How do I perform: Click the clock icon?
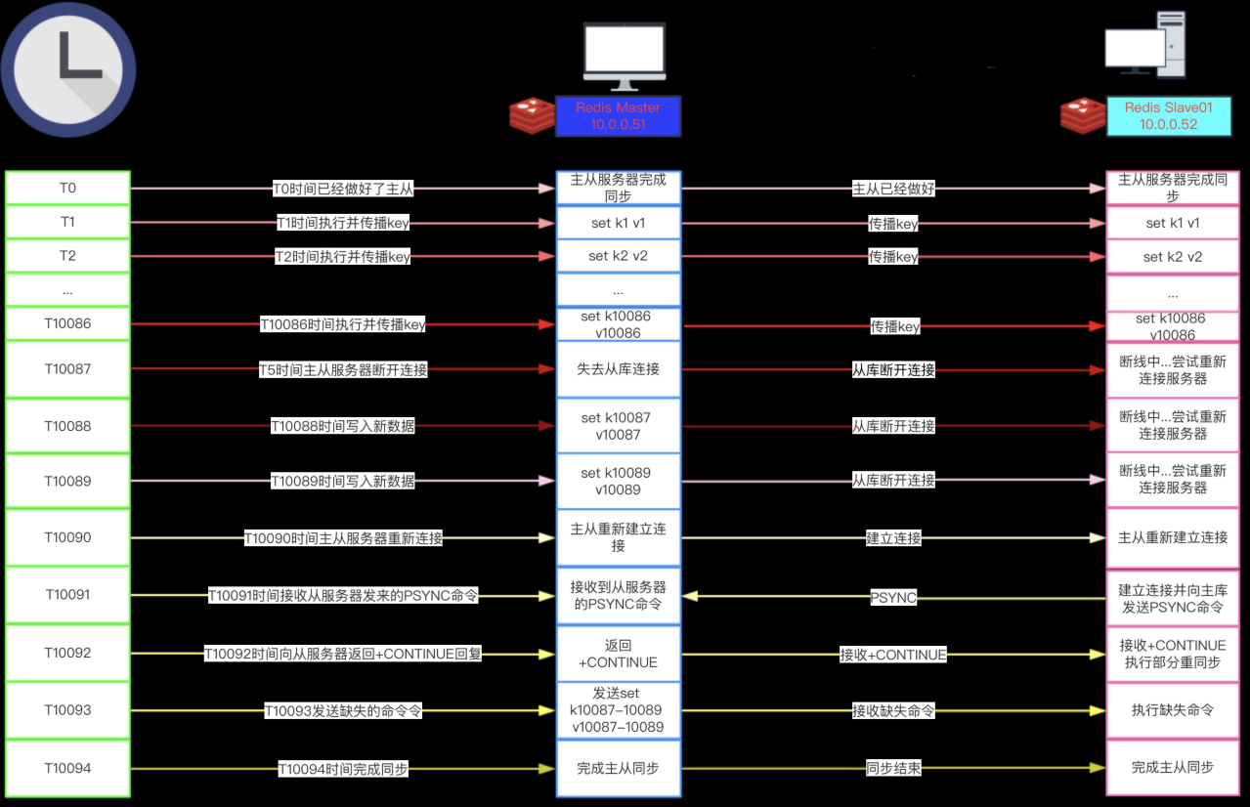(68, 69)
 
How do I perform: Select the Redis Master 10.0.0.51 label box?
(618, 116)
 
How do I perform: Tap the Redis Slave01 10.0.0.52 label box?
(1169, 116)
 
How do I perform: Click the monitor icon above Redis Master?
(625, 56)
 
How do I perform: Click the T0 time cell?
(67, 188)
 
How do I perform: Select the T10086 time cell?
(67, 323)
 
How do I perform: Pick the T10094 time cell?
(67, 768)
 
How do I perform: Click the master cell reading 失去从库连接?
(619, 369)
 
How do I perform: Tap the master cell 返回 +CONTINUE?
(619, 654)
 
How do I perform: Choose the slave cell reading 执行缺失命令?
(1173, 710)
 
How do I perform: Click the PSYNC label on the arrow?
(893, 597)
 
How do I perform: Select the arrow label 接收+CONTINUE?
(893, 655)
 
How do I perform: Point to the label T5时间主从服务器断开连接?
(343, 369)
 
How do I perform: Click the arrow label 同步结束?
(893, 768)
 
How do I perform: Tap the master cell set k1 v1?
(619, 223)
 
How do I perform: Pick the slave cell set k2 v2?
(1173, 257)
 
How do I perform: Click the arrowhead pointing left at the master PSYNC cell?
(690, 596)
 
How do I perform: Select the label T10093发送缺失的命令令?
(343, 710)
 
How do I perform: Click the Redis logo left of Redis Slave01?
(1083, 116)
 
